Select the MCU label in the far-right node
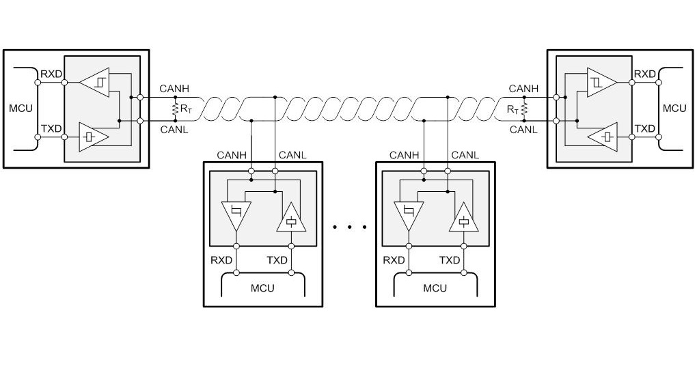(x=674, y=109)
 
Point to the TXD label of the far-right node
(x=644, y=128)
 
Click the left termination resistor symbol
(x=175, y=108)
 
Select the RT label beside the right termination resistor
(x=512, y=109)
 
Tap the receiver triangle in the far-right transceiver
(x=601, y=83)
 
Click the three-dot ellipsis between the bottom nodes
(x=348, y=227)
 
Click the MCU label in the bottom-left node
(x=262, y=287)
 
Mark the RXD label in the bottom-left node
(x=221, y=260)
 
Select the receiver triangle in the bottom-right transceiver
(x=408, y=215)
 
